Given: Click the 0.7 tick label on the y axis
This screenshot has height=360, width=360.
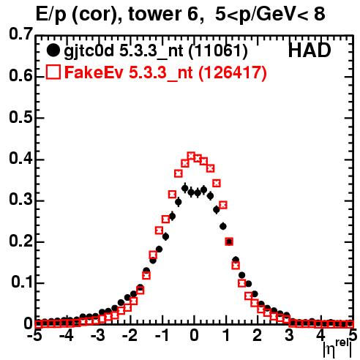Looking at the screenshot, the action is (20, 34).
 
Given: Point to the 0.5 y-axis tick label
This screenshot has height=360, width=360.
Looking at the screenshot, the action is (20, 117).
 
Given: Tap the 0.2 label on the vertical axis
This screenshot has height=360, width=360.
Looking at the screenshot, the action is (20, 241).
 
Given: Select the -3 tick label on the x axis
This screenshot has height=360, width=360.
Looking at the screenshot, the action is (97, 336).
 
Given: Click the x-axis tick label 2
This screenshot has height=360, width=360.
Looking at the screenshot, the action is (258, 336).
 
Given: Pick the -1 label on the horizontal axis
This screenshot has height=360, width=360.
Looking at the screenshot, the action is (162, 336).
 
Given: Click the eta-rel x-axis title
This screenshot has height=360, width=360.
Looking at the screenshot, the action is (338, 349).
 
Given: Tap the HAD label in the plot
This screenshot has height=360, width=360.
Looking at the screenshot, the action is (310, 50).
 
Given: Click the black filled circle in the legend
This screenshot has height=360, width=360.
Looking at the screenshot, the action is (53, 50).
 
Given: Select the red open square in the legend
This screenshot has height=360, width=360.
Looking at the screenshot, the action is (53, 72).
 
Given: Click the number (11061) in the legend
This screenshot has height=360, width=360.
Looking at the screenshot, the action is (218, 51).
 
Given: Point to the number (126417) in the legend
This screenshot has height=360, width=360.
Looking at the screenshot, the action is (233, 72).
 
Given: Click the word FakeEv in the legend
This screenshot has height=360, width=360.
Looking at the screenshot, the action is (94, 72).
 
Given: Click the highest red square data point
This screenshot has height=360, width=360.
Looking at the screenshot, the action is (191, 155).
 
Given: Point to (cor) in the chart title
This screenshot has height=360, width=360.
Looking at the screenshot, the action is (97, 15).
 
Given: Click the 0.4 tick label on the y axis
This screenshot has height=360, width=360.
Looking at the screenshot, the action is (20, 159).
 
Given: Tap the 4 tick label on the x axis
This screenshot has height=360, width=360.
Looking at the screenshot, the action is (320, 336).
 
